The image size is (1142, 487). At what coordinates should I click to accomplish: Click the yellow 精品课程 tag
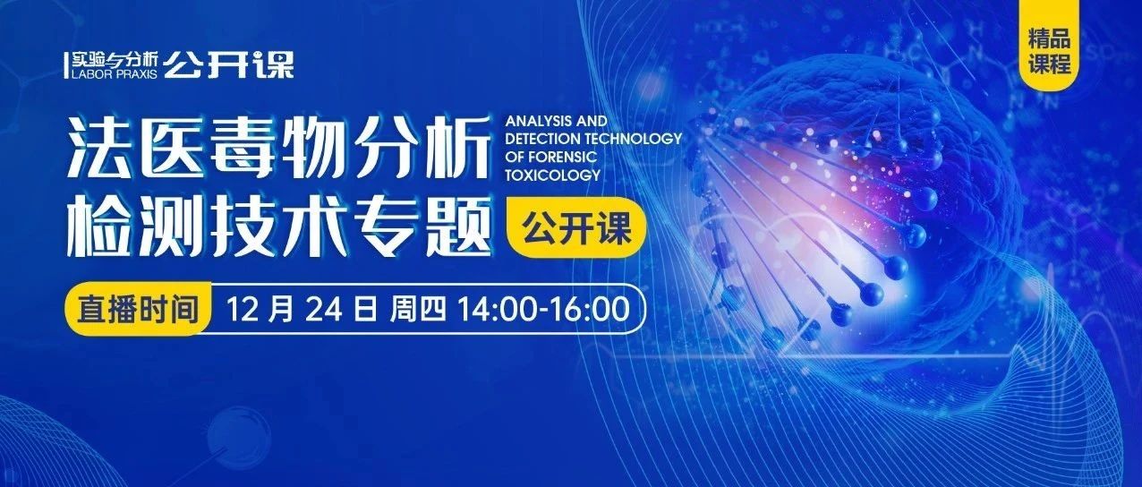coord(1049,45)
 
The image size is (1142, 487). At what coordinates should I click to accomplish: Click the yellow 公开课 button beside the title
coord(576,227)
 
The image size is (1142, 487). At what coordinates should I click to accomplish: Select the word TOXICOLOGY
coord(552,175)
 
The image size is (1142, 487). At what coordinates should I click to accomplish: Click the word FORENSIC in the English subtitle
coord(565,157)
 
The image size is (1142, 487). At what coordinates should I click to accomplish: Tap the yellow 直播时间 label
coord(138,309)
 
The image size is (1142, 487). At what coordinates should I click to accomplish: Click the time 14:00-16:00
coord(544,309)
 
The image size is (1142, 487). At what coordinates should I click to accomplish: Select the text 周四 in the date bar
coord(418,309)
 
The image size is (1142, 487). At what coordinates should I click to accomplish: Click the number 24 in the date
coord(323,309)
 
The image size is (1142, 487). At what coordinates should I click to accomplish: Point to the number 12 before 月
coord(243,309)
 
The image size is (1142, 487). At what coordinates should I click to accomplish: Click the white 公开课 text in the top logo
coord(228,65)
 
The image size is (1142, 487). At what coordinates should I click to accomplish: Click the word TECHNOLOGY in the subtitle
coord(634,139)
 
